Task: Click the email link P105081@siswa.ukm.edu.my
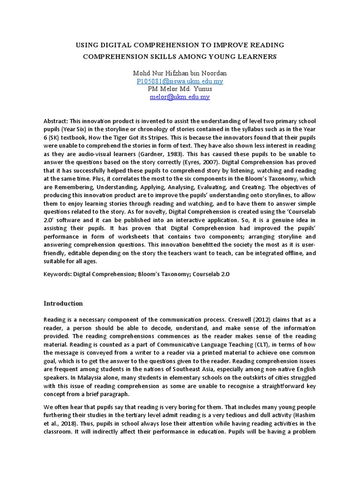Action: coord(180,81)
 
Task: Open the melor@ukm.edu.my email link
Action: coord(180,97)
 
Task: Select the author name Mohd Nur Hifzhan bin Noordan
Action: coord(180,73)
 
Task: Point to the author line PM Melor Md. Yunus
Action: coord(180,89)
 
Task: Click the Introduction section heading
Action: coord(63,303)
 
